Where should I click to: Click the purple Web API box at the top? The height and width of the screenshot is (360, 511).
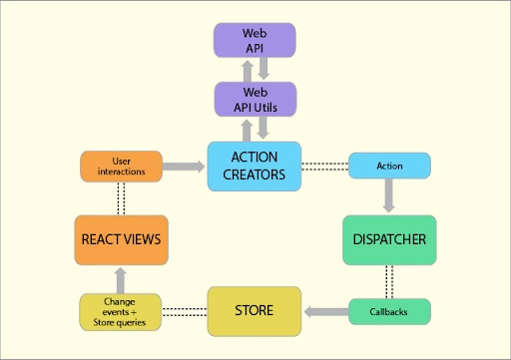point(255,41)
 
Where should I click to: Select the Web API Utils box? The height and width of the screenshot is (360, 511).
point(255,99)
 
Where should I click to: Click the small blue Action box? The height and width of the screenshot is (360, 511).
point(388,165)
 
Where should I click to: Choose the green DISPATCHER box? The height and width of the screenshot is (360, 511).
point(388,239)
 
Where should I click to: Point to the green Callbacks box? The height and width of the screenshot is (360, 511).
point(388,311)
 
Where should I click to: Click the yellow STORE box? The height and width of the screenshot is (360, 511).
point(254,310)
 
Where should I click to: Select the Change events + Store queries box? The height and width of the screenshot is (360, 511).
point(119,311)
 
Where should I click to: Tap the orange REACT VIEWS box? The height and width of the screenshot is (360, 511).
point(119,239)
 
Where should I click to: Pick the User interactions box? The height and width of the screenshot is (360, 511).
point(119,166)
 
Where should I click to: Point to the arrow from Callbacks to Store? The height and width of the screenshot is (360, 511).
point(325,311)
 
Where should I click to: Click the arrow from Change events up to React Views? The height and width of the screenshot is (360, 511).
point(119,279)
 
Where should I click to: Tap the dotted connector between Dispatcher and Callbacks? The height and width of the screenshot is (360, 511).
point(388,280)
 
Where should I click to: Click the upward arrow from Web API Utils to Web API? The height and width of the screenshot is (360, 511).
point(245,70)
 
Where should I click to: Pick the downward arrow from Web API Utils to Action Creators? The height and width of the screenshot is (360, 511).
point(264,129)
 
